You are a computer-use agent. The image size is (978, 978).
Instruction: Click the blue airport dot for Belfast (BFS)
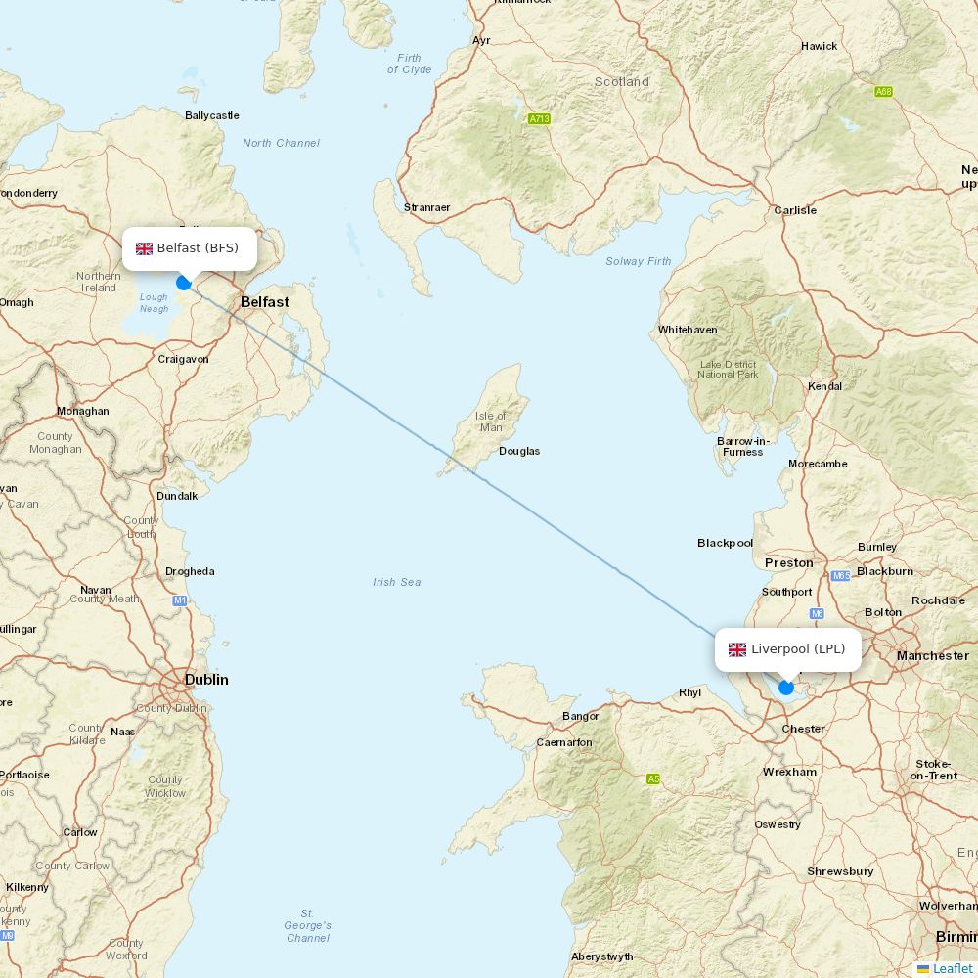(183, 283)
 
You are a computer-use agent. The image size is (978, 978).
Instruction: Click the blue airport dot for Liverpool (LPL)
(785, 688)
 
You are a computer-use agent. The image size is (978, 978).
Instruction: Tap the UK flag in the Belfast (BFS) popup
(144, 248)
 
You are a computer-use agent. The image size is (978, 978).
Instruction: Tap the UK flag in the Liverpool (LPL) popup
(737, 649)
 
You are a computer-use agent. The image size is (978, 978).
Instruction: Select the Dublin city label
(206, 679)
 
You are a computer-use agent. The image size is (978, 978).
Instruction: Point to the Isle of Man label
(491, 422)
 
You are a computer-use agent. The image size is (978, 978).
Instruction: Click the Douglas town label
(519, 451)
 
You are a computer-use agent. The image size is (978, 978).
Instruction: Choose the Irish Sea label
(397, 582)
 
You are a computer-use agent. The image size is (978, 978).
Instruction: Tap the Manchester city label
(933, 655)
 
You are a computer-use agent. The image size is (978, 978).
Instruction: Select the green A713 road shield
(539, 119)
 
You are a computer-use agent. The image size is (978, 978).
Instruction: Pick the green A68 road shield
(883, 92)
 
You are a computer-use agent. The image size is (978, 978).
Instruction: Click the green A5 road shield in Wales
(652, 778)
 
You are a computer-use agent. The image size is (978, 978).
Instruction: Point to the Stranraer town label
(427, 207)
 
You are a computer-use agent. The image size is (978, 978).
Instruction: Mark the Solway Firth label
(639, 261)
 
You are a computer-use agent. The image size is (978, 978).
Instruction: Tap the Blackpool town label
(725, 543)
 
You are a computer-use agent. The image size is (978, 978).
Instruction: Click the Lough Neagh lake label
(154, 303)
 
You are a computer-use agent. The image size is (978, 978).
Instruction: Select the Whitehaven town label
(688, 330)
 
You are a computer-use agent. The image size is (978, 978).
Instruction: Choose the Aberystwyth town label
(601, 956)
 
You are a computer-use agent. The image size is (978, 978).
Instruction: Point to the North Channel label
(281, 143)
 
